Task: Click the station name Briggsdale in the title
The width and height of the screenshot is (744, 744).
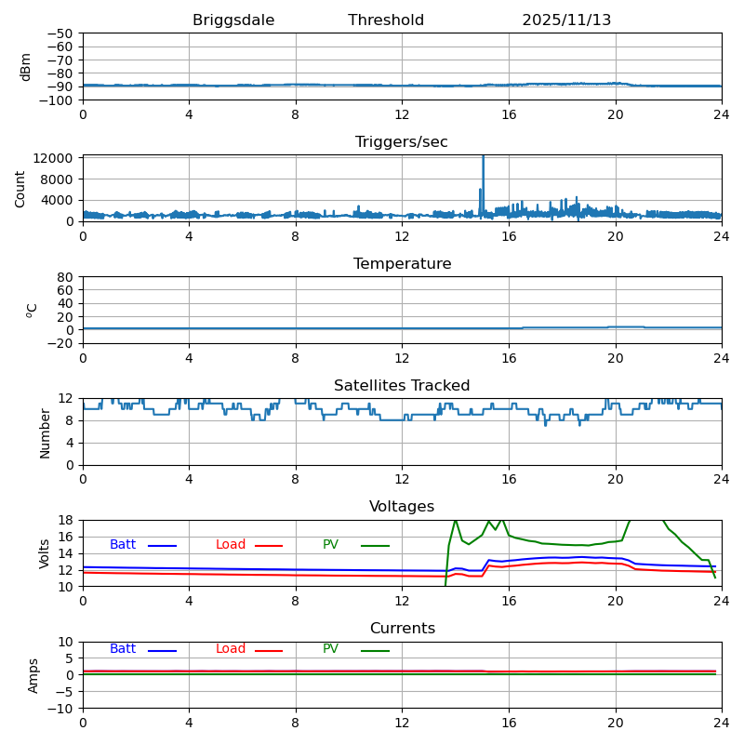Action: (x=233, y=20)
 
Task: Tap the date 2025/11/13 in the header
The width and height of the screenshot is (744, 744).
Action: (x=566, y=20)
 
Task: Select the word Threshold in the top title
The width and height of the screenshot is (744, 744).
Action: (x=386, y=20)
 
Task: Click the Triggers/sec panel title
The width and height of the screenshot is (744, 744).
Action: (x=402, y=142)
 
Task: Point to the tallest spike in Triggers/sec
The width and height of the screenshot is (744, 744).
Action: (x=483, y=159)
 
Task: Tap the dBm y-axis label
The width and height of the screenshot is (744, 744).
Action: (x=26, y=66)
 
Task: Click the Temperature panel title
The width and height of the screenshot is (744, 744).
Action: (x=402, y=264)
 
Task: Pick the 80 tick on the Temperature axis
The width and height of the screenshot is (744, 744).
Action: (x=65, y=277)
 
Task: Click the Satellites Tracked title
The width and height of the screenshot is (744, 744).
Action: (x=402, y=386)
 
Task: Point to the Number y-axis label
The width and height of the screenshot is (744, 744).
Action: (x=46, y=432)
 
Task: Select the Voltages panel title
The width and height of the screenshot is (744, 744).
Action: (x=402, y=507)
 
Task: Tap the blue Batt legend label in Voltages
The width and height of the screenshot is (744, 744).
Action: (x=123, y=545)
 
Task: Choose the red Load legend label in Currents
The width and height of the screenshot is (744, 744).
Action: (x=231, y=649)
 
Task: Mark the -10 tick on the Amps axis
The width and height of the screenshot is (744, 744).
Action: (x=61, y=709)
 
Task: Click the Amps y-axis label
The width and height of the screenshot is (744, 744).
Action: (x=34, y=675)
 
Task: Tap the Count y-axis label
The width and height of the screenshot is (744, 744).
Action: (x=21, y=188)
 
